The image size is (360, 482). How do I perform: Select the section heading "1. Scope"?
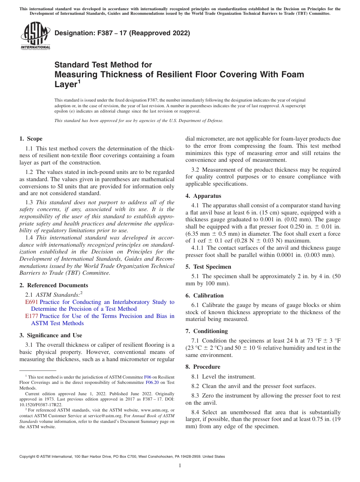pyautogui.click(x=31, y=139)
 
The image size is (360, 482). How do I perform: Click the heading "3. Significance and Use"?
pyautogui.click(x=50, y=335)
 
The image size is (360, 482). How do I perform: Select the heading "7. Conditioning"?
pyautogui.click(x=207, y=331)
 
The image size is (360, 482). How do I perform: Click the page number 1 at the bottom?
pyautogui.click(x=180, y=466)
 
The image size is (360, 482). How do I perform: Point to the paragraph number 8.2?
pyautogui.click(x=197, y=386)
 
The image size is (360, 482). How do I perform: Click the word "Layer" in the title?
pyautogui.click(x=66, y=85)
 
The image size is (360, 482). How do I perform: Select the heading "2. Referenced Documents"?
pyautogui.click(x=53, y=285)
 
